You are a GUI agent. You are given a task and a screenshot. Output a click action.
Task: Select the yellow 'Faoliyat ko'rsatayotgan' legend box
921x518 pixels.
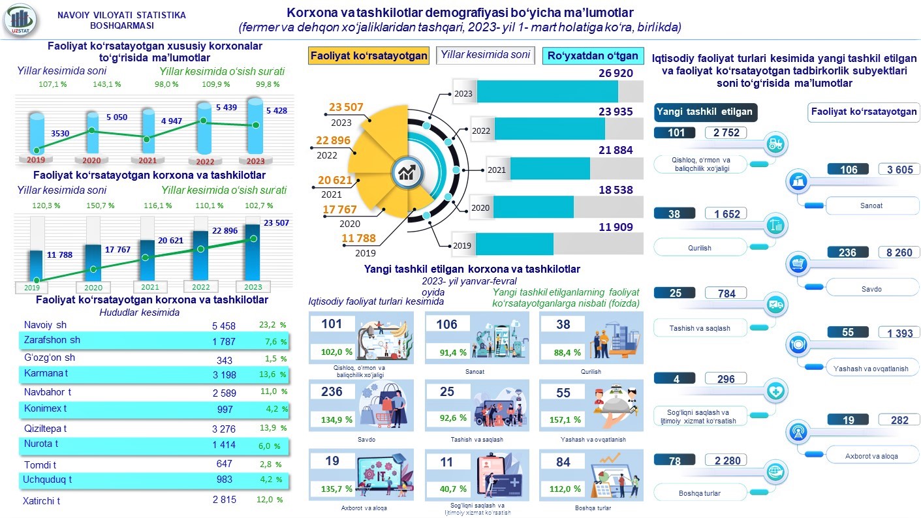pos(369,55)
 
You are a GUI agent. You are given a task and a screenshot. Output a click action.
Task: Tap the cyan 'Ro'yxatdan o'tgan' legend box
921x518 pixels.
pos(593,55)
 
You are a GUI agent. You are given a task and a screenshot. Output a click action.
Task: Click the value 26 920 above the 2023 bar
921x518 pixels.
pos(616,73)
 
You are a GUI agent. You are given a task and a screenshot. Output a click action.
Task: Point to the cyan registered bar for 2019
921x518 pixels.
pos(514,244)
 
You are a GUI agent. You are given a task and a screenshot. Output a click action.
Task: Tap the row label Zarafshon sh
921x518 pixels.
pos(52,340)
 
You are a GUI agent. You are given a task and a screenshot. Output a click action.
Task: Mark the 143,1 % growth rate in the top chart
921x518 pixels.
pos(107,84)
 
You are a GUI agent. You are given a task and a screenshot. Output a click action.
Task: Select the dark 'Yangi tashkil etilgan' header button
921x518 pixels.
pos(704,112)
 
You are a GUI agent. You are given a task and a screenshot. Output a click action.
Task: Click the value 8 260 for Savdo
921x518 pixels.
pos(899,252)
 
